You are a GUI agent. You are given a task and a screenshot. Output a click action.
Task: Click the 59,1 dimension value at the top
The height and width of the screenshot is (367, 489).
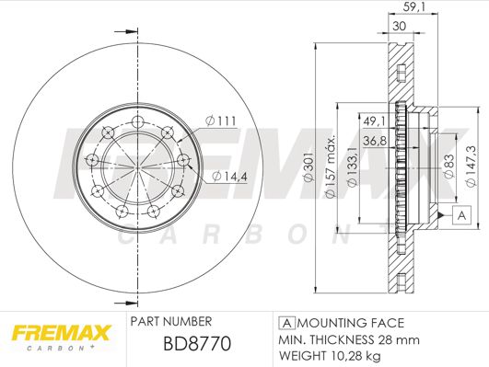(x=414, y=6)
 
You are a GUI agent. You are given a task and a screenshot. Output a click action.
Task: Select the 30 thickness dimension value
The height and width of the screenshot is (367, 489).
(x=399, y=26)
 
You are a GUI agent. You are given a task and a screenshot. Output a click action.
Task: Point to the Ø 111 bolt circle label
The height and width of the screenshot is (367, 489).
(x=221, y=120)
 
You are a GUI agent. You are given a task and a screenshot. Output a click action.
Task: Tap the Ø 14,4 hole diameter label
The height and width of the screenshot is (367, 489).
(x=229, y=177)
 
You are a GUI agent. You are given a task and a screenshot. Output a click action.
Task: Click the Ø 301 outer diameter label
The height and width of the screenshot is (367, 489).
(x=309, y=167)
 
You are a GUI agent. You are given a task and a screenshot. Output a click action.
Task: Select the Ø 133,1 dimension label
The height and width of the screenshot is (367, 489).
(x=352, y=167)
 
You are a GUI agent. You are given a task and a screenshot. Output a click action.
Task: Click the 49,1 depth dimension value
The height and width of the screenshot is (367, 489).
(x=374, y=120)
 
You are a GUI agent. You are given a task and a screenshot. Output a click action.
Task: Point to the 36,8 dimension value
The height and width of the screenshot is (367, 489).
(x=375, y=141)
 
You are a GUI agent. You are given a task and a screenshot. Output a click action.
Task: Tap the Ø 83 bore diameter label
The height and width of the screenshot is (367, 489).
(x=449, y=166)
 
